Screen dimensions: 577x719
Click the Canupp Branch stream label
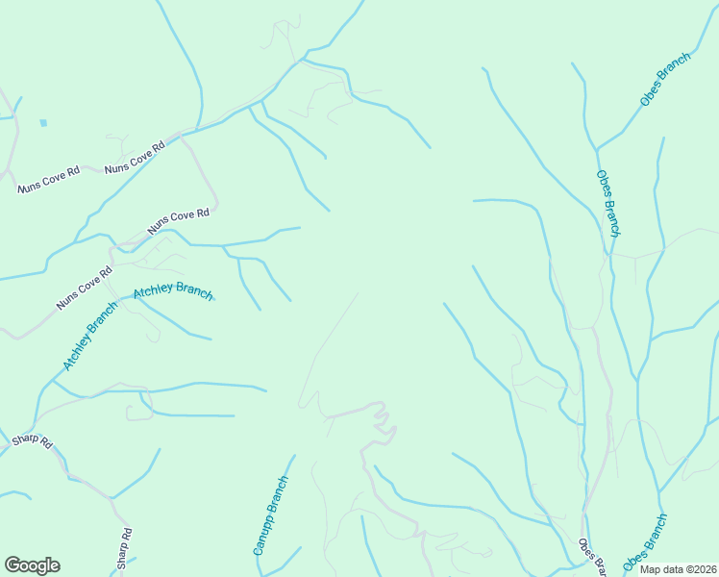(271, 515)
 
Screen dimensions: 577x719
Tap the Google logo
(32, 565)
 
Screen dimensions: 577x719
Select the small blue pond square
(43, 123)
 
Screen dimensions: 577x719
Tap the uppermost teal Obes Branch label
(665, 80)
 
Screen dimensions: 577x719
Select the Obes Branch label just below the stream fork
(607, 204)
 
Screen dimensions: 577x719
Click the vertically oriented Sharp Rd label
(124, 549)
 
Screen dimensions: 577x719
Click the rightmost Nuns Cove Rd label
(178, 223)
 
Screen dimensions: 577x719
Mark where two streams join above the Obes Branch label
(597, 149)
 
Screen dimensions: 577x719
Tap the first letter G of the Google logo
(12, 565)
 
